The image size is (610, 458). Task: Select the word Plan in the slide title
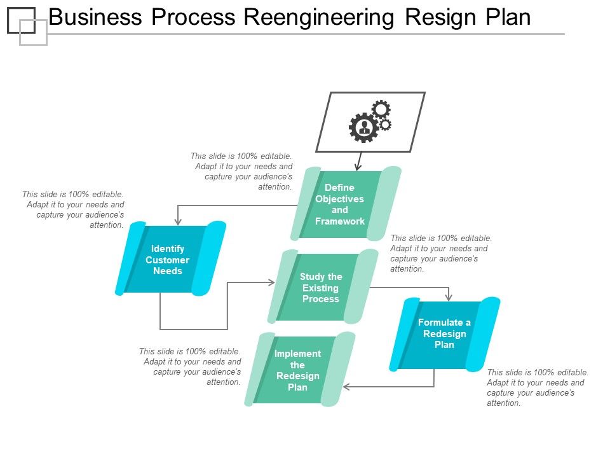508,17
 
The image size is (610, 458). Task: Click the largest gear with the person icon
364,128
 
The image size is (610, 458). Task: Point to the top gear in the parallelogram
381,109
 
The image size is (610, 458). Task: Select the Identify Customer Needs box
167,260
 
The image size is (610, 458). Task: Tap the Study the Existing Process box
321,288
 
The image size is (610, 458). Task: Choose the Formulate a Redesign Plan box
444,334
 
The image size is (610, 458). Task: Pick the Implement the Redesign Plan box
298,370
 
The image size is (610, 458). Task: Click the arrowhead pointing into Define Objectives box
358,167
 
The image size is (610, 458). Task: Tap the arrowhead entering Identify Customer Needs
178,222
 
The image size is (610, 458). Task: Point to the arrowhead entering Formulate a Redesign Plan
449,297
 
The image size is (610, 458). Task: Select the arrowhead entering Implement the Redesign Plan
346,387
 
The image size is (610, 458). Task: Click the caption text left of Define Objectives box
242,171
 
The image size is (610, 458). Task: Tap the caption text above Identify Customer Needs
74,209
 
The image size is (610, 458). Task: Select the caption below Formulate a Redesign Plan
537,387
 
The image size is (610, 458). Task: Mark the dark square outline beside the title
21,20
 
